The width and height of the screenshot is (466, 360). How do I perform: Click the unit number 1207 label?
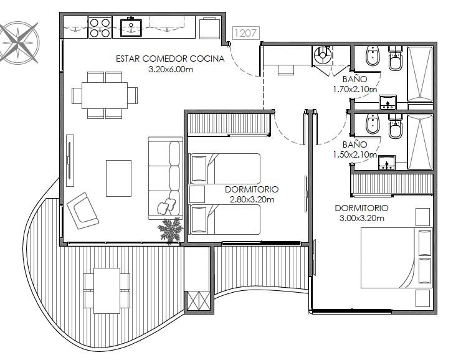pos(245,33)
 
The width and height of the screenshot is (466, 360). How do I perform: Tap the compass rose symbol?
pos(19,42)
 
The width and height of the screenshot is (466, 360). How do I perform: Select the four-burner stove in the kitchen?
pos(100,27)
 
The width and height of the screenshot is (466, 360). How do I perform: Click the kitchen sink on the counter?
pos(131,27)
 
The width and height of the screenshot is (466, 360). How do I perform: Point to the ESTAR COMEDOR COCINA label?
pos(170,59)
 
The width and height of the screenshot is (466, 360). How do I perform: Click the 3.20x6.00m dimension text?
pos(171,70)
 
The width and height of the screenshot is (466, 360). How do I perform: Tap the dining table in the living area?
pos(105,96)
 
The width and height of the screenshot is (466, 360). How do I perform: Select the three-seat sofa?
pos(165,178)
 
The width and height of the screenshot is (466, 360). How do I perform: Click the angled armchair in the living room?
pos(83,211)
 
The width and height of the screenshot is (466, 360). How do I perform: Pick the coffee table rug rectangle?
pos(118,178)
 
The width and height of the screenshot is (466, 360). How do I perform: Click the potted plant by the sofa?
pos(170,230)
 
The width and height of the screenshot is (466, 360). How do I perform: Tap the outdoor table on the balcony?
pos(107,291)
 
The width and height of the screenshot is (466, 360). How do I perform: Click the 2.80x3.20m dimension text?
pos(252,199)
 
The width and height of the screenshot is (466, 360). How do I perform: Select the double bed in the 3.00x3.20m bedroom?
pos(396,258)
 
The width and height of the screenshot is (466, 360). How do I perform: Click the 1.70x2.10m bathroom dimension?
pos(355,89)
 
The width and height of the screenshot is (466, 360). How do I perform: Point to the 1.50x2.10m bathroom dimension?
pos(355,154)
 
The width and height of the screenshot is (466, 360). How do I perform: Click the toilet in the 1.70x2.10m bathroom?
pos(395,58)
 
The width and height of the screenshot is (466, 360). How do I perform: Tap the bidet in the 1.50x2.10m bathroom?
pos(373,123)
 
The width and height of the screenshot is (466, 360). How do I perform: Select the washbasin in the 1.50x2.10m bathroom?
pos(387,162)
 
